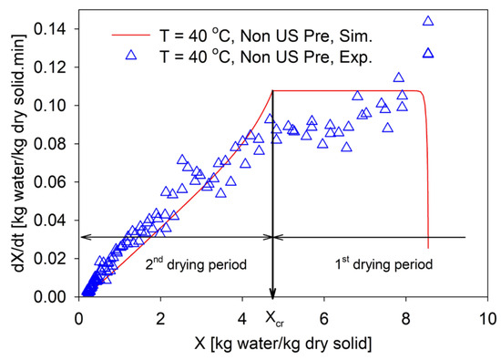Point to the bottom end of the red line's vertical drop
point(428,248)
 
